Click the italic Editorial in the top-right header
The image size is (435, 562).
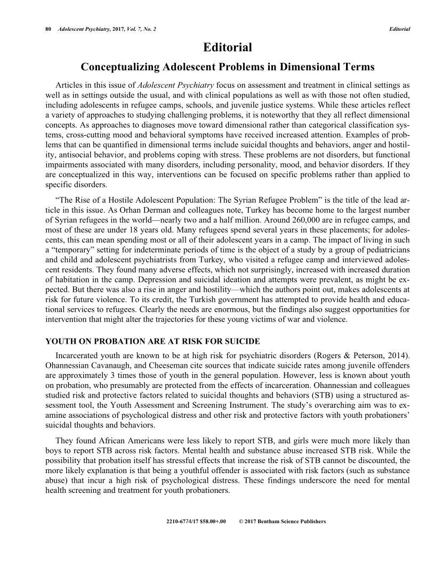coord(399,29)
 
